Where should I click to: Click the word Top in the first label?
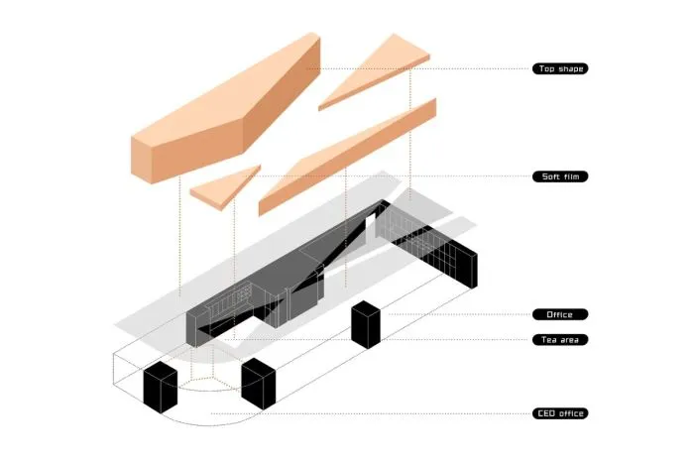tap(546, 68)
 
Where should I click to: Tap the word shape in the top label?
tap(570, 68)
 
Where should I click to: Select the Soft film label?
tap(560, 176)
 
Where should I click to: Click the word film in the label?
tap(570, 176)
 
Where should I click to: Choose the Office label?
tap(560, 314)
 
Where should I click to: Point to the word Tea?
tap(548, 340)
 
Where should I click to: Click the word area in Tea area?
tap(569, 340)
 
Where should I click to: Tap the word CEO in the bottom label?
tap(545, 413)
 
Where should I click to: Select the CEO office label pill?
tap(560, 413)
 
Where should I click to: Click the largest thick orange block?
tap(226, 108)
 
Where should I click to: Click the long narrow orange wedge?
tap(347, 157)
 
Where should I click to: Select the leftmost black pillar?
tap(161, 388)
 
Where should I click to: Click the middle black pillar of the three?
tap(259, 384)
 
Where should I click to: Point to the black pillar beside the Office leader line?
tap(366, 324)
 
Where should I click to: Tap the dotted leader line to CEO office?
tap(372, 413)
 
